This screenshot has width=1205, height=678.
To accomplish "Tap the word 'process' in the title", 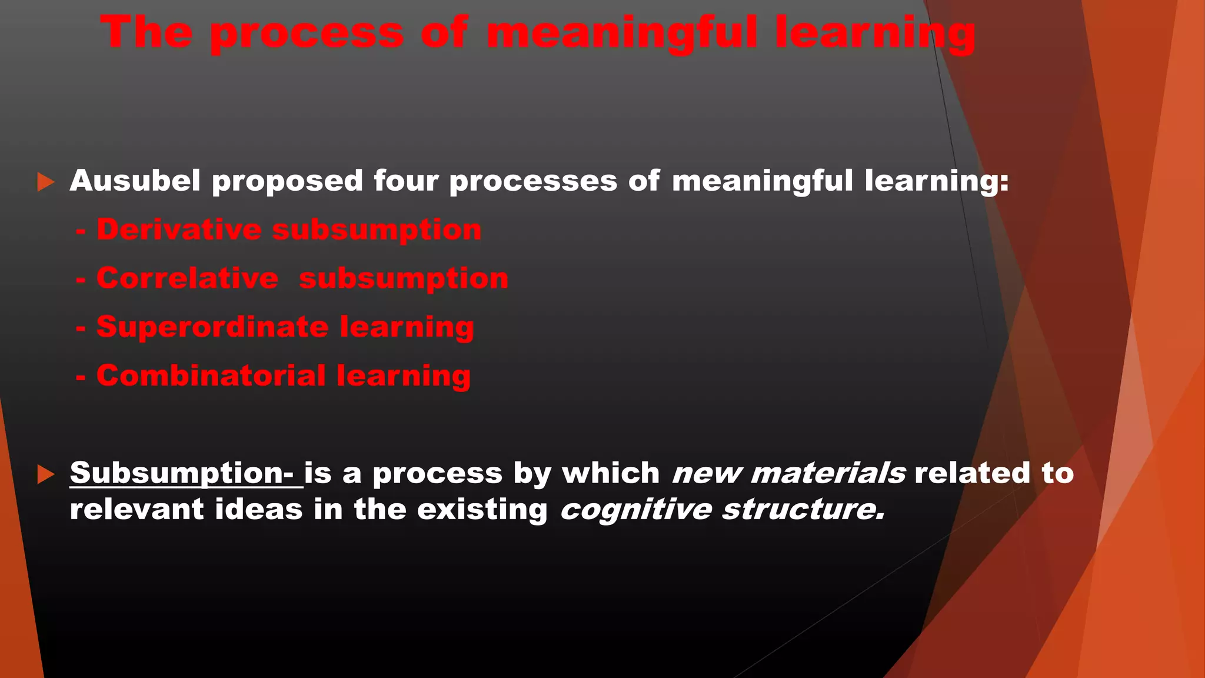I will (x=307, y=34).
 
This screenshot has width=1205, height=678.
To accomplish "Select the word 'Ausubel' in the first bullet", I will (x=135, y=180).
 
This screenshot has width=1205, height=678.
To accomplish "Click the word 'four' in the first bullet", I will (x=406, y=180).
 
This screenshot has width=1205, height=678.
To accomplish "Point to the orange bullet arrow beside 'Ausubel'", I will (x=45, y=182).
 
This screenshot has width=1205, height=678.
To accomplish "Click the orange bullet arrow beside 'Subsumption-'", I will (x=45, y=474).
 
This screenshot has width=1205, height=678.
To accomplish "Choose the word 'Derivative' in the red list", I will (x=179, y=229).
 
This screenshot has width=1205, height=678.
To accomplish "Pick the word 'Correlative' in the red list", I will (x=187, y=278).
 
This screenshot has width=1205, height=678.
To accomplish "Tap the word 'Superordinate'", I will (x=212, y=327).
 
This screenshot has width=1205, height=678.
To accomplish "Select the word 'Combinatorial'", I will (x=211, y=375).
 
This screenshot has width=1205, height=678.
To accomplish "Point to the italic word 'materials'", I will (x=828, y=473).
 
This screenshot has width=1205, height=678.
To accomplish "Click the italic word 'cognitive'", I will (x=635, y=510).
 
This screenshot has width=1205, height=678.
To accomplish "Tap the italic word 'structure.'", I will (x=804, y=509).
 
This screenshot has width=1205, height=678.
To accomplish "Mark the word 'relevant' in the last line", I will (x=137, y=509).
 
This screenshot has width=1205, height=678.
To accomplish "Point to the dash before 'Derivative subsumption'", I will (x=81, y=230).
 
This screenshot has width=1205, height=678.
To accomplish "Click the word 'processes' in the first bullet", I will (x=533, y=181).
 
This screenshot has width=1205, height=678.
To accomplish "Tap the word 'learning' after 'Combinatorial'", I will (x=404, y=377).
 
